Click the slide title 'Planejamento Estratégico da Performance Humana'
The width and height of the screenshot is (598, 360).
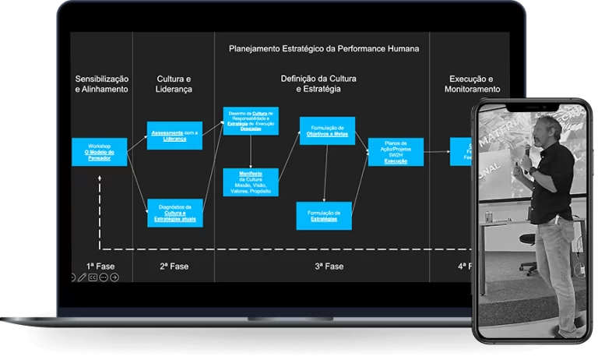pos(324,48)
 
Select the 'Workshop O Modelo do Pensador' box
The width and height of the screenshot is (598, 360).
pos(99,152)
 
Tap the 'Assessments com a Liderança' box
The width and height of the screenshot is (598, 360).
pos(174,136)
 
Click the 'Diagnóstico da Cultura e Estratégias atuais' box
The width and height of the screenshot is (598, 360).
pos(174,213)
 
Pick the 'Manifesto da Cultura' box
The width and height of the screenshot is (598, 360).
pos(251,182)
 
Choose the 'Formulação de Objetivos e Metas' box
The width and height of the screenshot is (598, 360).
pos(327,131)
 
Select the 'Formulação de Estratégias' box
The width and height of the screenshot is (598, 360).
pos(324,215)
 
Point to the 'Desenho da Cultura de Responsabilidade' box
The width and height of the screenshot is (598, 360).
pos(251,121)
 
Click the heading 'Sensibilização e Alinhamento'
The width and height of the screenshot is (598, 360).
pos(101,84)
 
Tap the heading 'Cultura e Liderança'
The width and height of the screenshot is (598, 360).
pos(174,84)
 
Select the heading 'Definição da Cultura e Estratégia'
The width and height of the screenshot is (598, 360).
pos(318,84)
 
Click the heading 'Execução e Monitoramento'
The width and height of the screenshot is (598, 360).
pos(472,84)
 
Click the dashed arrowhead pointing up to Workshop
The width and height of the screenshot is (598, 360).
pos(100,180)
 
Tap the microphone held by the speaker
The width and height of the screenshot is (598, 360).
pos(528,148)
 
